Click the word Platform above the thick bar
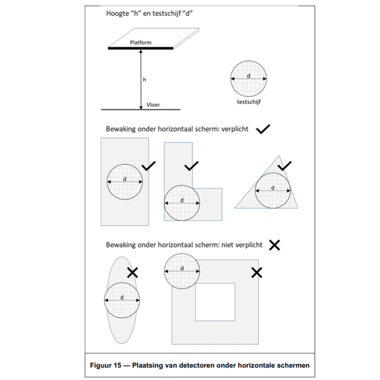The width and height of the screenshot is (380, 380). [141, 42]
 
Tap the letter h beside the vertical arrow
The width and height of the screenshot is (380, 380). [144, 79]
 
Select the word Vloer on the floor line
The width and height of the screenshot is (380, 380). [154, 105]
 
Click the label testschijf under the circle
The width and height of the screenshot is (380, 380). [249, 102]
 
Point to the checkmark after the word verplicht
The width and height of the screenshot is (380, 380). [263, 129]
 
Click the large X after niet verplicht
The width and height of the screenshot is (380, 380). [275, 245]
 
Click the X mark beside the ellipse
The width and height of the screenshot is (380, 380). [131, 273]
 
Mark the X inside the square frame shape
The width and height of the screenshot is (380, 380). [257, 273]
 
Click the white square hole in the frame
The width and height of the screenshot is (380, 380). [215, 301]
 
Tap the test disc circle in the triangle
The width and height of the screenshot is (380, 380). [273, 191]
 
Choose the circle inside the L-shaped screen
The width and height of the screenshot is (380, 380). [182, 203]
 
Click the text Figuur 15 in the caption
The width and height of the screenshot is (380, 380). [107, 365]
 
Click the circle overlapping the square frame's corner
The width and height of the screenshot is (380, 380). [182, 270]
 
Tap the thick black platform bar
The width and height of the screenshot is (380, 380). [140, 48]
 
